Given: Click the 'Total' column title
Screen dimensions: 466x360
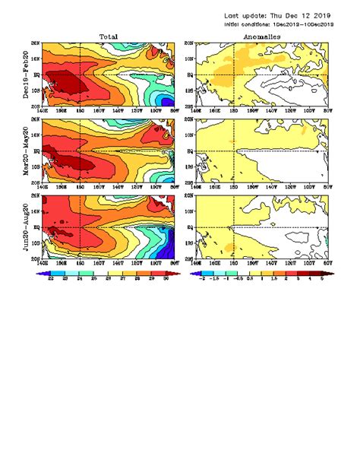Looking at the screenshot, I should [x=108, y=36].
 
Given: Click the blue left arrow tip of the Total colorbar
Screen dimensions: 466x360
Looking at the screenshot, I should [x=39, y=272].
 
